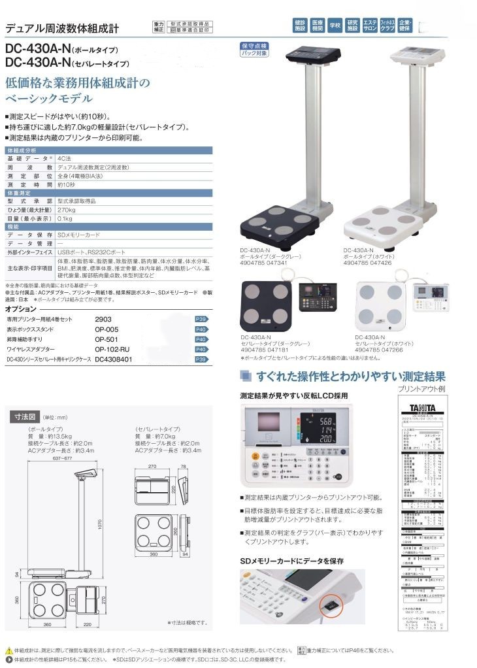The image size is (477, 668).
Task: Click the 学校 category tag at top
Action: tap(335, 26)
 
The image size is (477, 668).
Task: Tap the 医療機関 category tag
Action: tap(317, 26)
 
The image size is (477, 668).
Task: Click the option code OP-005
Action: tap(107, 329)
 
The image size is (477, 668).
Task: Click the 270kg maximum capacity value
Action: tap(66, 212)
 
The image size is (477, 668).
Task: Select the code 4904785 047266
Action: tap(379, 350)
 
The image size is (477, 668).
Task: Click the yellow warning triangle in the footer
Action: tap(8, 650)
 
